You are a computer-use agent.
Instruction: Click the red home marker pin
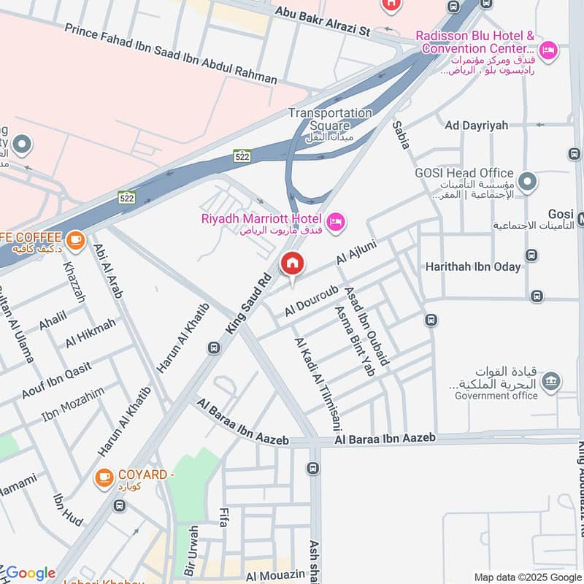pos(292,264)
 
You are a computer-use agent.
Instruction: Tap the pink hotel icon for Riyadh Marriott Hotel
pos(336,220)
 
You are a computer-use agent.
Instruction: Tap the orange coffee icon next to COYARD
pos(104,477)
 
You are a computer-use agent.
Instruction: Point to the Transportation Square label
pos(330,119)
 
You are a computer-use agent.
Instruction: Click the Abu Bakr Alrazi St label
pos(322,22)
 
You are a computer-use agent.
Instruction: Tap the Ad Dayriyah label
pos(476,126)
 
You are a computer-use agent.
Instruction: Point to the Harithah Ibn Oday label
pos(473,266)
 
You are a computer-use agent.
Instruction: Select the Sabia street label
pos(401,135)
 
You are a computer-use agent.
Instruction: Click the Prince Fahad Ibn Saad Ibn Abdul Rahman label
pos(171,53)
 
